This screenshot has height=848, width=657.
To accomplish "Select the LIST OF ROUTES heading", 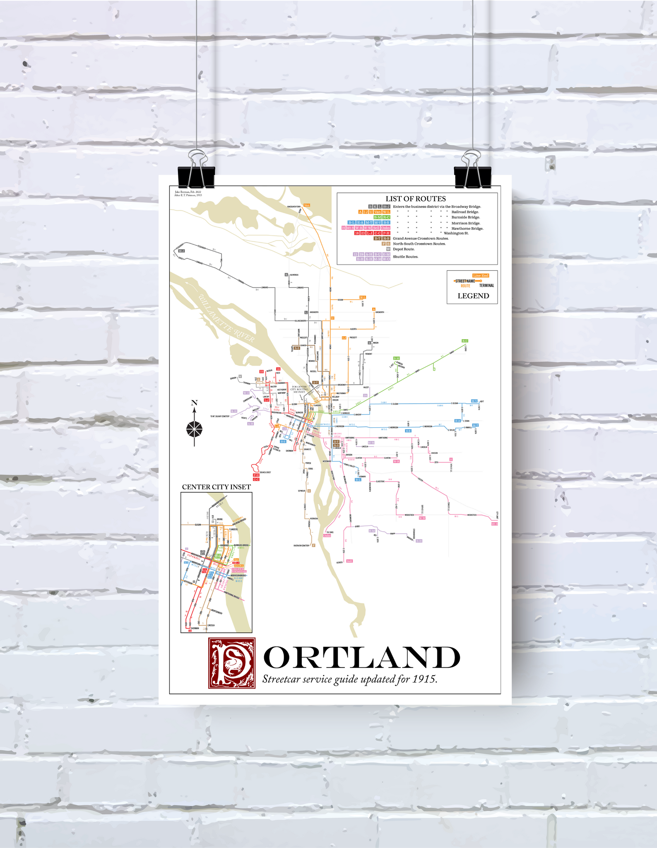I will pos(416,199).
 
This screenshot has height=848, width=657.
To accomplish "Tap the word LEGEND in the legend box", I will pos(473,296).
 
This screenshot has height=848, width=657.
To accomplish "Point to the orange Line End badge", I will pos(481,275).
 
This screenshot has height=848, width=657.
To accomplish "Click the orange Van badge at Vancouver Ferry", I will pos(307,205).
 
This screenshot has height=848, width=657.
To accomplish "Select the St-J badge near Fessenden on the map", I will pos(181,251).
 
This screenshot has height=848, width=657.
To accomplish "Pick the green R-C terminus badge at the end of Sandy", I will pos(464,341).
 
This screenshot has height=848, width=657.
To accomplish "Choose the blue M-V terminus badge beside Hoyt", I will pos(474,401).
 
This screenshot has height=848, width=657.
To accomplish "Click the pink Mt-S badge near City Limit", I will pos(494,524).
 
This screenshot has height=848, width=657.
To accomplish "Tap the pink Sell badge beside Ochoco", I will pos(349,561).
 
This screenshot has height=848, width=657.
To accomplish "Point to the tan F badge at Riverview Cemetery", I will pos(313,545).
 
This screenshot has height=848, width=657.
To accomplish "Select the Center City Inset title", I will pos(217,487).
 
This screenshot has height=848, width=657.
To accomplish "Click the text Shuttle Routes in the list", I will pos(406,257).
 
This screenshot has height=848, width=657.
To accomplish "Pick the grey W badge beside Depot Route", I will pos(388,249).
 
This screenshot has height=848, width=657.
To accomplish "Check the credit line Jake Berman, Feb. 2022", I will pos(188,192).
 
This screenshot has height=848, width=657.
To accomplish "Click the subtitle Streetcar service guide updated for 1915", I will pos(350,679).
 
